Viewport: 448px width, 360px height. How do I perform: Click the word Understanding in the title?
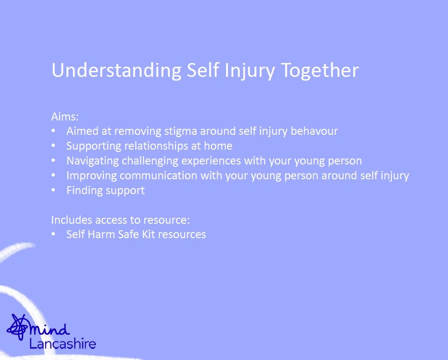(x=116, y=70)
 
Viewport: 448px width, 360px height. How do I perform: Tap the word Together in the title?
(x=320, y=70)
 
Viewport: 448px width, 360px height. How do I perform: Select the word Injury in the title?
(x=249, y=70)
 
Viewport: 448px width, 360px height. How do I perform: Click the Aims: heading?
(x=65, y=117)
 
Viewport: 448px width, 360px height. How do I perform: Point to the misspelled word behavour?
(x=314, y=131)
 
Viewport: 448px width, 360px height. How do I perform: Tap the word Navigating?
(x=93, y=161)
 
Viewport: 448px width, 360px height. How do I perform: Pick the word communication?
(x=158, y=176)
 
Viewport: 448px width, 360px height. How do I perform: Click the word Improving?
(x=91, y=176)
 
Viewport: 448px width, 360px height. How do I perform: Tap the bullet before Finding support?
(x=53, y=190)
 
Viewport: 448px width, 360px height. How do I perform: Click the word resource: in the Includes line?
(x=167, y=220)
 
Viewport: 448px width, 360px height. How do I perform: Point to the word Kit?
(x=148, y=234)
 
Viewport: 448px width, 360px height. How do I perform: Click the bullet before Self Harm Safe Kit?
(x=53, y=234)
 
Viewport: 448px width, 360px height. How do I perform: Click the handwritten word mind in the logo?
(x=50, y=329)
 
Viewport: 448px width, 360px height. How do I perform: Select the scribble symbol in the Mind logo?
(x=17, y=327)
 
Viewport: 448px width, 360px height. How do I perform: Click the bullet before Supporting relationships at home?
(x=53, y=145)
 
